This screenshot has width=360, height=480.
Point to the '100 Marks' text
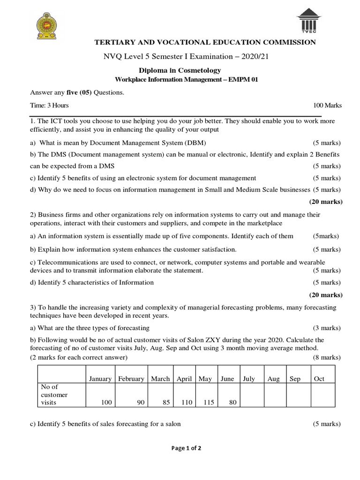point(328,105)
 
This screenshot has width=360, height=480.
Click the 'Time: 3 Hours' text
point(50,105)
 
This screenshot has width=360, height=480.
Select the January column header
point(100,379)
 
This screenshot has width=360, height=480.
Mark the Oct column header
point(319,379)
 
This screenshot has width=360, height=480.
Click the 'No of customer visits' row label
point(55,395)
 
